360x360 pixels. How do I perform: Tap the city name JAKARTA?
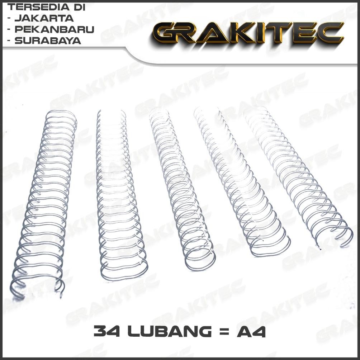(x=44, y=18)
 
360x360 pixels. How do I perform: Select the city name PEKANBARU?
(x=54, y=29)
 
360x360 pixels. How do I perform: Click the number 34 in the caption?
(x=108, y=332)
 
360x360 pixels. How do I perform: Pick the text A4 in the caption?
(x=251, y=332)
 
